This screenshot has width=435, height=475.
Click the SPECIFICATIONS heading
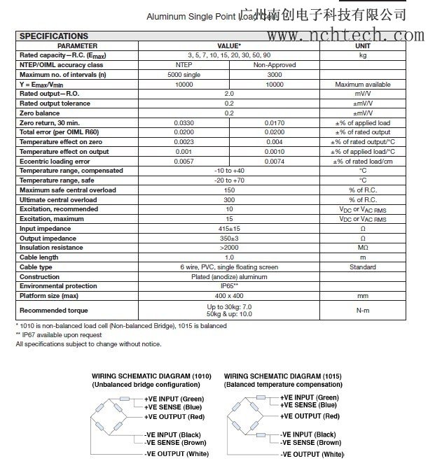click(x=53, y=36)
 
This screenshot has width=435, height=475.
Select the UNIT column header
click(x=363, y=45)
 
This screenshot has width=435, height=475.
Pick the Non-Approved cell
click(x=275, y=64)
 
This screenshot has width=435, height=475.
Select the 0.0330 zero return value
click(x=184, y=122)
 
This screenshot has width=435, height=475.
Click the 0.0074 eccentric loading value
click(x=275, y=161)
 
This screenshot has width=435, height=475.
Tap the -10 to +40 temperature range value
click(x=229, y=171)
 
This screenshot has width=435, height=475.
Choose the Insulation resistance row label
click(x=51, y=248)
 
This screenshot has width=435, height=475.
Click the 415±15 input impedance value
click(x=229, y=228)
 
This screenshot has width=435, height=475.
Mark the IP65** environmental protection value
click(x=229, y=286)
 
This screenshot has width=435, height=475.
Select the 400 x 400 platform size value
click(x=229, y=296)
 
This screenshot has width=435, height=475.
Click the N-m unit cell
click(x=363, y=310)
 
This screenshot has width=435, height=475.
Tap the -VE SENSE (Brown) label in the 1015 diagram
click(x=311, y=442)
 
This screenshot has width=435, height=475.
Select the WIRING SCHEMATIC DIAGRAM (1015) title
click(x=282, y=376)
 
